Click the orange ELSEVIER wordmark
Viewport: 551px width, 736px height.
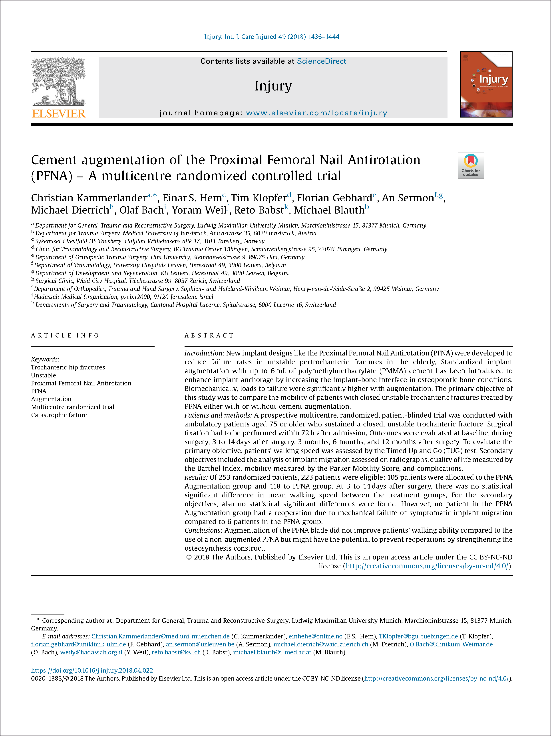(x=59, y=114)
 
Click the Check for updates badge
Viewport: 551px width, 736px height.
(x=470, y=165)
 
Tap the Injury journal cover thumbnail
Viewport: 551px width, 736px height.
(x=486, y=84)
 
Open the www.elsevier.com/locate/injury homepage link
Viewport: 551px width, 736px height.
(x=316, y=113)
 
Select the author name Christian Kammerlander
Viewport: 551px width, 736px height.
(x=89, y=198)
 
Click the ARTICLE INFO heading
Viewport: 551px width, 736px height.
(x=65, y=335)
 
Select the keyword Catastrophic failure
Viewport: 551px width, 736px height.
(x=59, y=415)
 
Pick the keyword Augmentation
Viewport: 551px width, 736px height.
(x=51, y=399)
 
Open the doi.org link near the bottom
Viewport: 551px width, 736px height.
(x=92, y=670)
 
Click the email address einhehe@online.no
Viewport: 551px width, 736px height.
(x=315, y=636)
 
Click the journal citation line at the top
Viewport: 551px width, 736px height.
(x=271, y=37)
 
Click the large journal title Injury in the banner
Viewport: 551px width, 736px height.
(x=273, y=86)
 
